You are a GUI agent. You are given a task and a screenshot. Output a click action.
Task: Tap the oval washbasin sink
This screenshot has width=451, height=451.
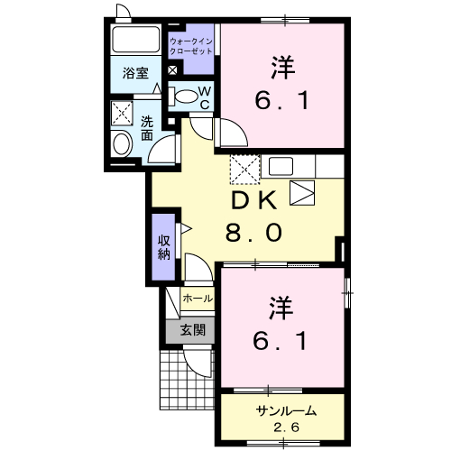click(x=121, y=143)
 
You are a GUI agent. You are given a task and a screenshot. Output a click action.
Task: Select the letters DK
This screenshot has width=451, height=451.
click(x=253, y=201)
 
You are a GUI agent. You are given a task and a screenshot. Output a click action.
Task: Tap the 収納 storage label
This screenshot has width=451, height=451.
click(x=164, y=246)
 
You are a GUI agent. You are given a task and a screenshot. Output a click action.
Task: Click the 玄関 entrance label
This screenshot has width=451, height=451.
click(x=192, y=330)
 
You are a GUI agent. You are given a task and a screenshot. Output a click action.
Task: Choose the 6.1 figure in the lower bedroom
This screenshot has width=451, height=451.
click(x=281, y=341)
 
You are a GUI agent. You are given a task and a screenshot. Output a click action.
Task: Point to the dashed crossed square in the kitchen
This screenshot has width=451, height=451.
click(x=244, y=167)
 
